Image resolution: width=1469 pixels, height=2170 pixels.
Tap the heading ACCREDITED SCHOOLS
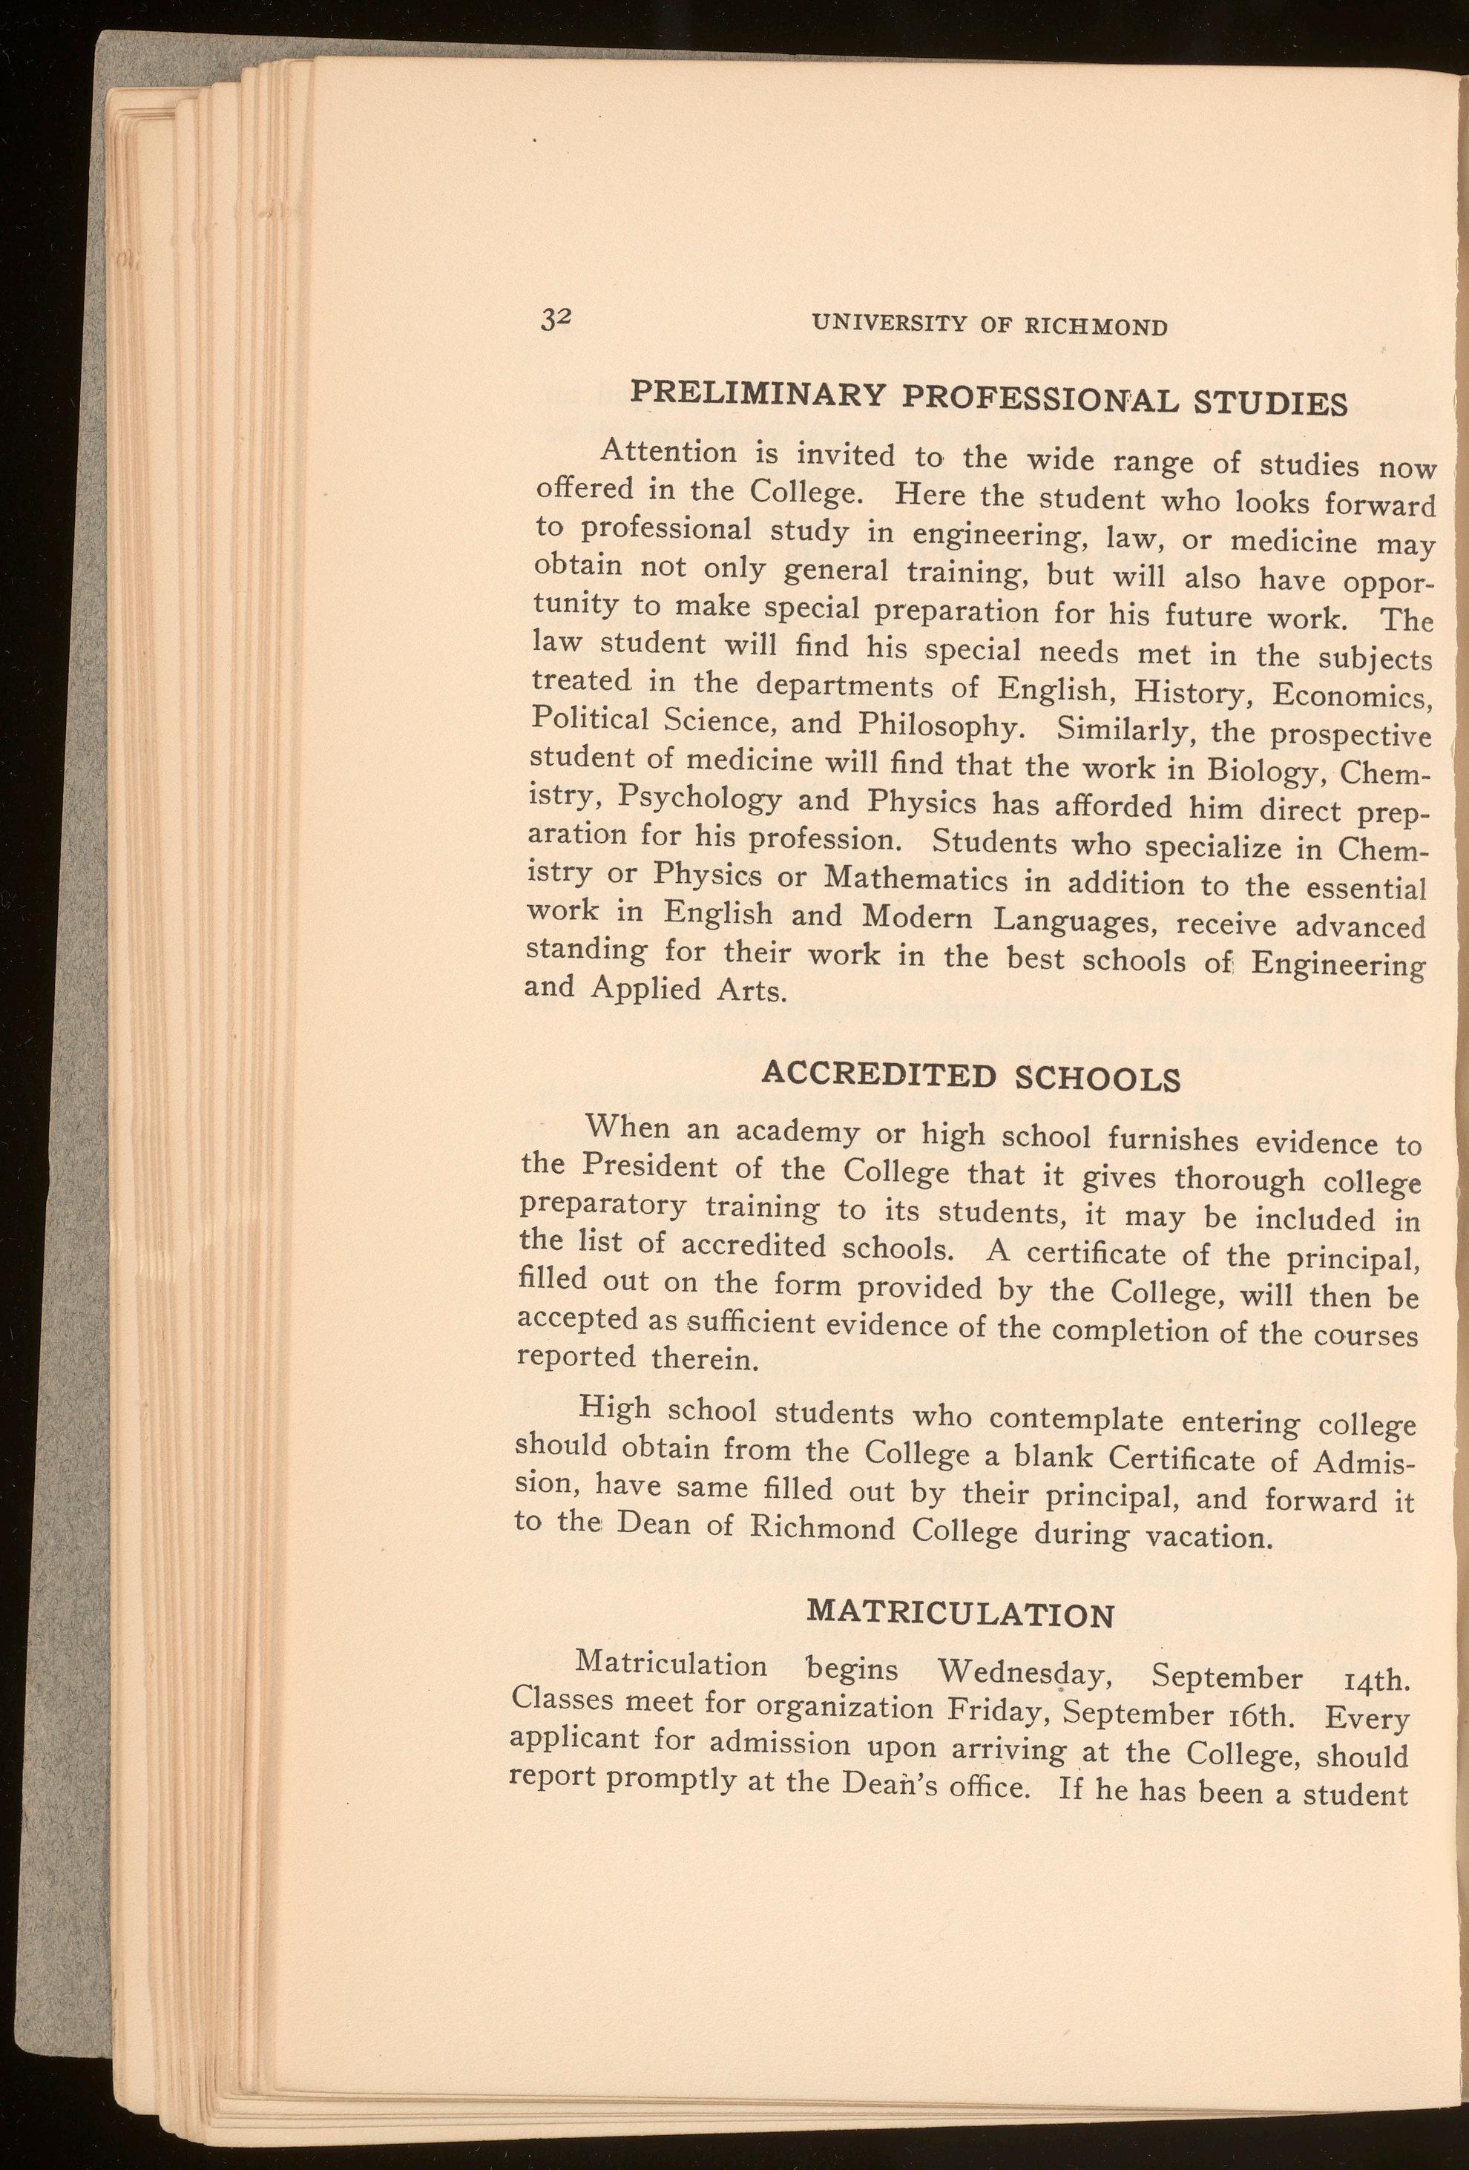point(971,1076)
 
